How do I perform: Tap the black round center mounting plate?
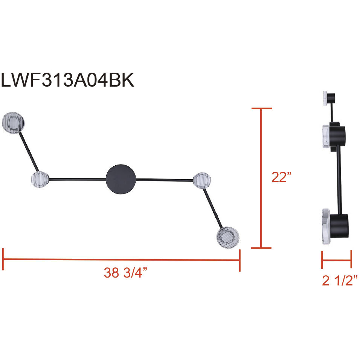(121, 179)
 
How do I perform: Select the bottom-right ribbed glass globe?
(228, 237)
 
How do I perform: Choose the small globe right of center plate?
(201, 180)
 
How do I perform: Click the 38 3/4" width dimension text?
(125, 273)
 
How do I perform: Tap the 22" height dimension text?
(282, 177)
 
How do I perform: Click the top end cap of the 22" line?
(261, 108)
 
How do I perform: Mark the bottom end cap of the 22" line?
(261, 248)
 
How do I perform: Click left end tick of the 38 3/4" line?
(3, 259)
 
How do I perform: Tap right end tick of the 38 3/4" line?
(239, 260)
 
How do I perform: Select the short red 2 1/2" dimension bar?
(337, 259)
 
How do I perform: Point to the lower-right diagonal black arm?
(213, 209)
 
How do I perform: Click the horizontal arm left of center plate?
(78, 179)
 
